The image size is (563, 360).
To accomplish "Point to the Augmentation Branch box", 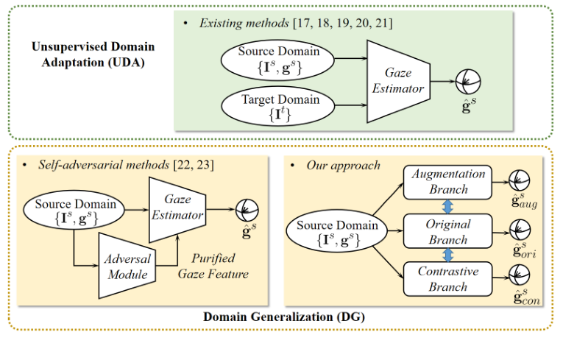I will pos(448,181).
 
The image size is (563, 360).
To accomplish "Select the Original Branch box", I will pos(448,231).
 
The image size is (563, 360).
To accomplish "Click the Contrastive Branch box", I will pos(448,280).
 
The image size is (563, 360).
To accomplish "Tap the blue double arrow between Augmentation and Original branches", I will pos(449,206).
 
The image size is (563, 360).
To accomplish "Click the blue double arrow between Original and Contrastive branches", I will pos(449,255).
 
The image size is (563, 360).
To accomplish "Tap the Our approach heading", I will pos(343,165).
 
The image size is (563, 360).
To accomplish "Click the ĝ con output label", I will pos(523,300).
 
